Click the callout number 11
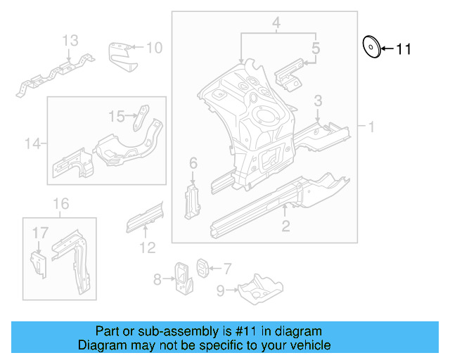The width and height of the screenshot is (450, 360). (x=403, y=49)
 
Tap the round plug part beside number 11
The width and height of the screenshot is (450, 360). (x=370, y=46)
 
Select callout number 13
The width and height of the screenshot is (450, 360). (x=70, y=41)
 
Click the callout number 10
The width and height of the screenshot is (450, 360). (x=154, y=48)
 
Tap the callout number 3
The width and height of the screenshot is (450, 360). (x=318, y=101)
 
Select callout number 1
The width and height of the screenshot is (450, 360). (x=371, y=127)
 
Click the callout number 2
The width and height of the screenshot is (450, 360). (x=285, y=226)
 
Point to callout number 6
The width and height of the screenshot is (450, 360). (x=193, y=164)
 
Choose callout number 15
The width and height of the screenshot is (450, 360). (x=116, y=115)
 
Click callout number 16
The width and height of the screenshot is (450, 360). (x=61, y=204)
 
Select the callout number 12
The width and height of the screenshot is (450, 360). (x=146, y=247)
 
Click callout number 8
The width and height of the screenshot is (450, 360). (x=157, y=280)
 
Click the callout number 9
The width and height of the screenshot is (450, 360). (x=220, y=289)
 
